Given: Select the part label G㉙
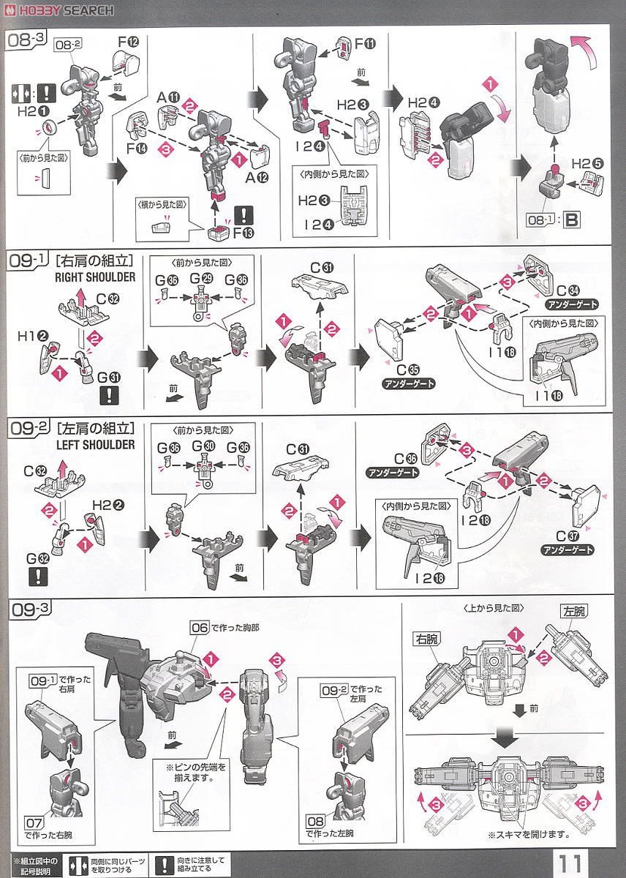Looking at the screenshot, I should point(199,279).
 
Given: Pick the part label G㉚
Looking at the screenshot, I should point(199,446).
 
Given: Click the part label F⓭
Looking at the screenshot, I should point(243,234).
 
